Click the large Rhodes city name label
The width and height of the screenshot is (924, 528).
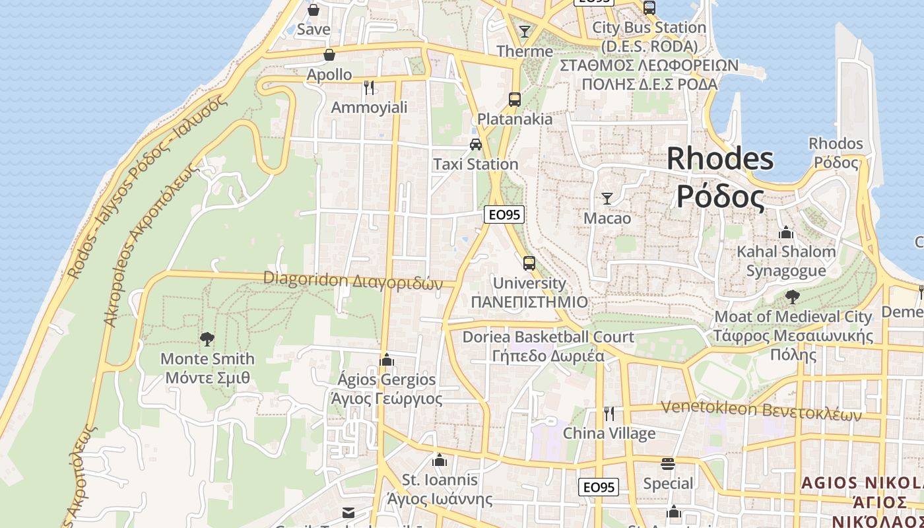(x=720, y=177)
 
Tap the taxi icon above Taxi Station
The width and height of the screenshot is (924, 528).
(x=476, y=144)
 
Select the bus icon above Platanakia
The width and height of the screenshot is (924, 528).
(x=515, y=100)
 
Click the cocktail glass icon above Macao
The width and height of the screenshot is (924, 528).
(x=607, y=198)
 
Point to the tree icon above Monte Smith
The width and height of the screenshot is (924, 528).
(x=207, y=339)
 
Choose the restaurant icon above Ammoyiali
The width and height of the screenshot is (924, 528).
(x=369, y=87)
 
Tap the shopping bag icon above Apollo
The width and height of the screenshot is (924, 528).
(x=329, y=55)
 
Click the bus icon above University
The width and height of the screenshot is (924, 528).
(x=529, y=263)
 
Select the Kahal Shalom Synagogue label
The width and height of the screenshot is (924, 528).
(x=786, y=261)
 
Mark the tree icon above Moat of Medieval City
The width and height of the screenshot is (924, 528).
(x=793, y=297)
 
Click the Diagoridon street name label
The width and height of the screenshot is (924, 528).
(x=352, y=280)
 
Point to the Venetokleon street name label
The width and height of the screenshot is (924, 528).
(x=761, y=410)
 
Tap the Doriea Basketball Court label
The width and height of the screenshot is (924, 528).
(x=548, y=346)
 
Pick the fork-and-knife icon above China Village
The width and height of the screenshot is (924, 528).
(x=609, y=414)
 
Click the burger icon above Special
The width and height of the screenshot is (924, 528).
(x=668, y=463)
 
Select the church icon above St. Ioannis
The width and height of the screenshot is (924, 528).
(x=440, y=459)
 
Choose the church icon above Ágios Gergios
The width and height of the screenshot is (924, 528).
(x=387, y=360)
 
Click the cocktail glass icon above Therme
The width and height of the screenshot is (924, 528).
(x=525, y=31)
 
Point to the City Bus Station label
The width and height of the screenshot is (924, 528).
(x=649, y=37)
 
